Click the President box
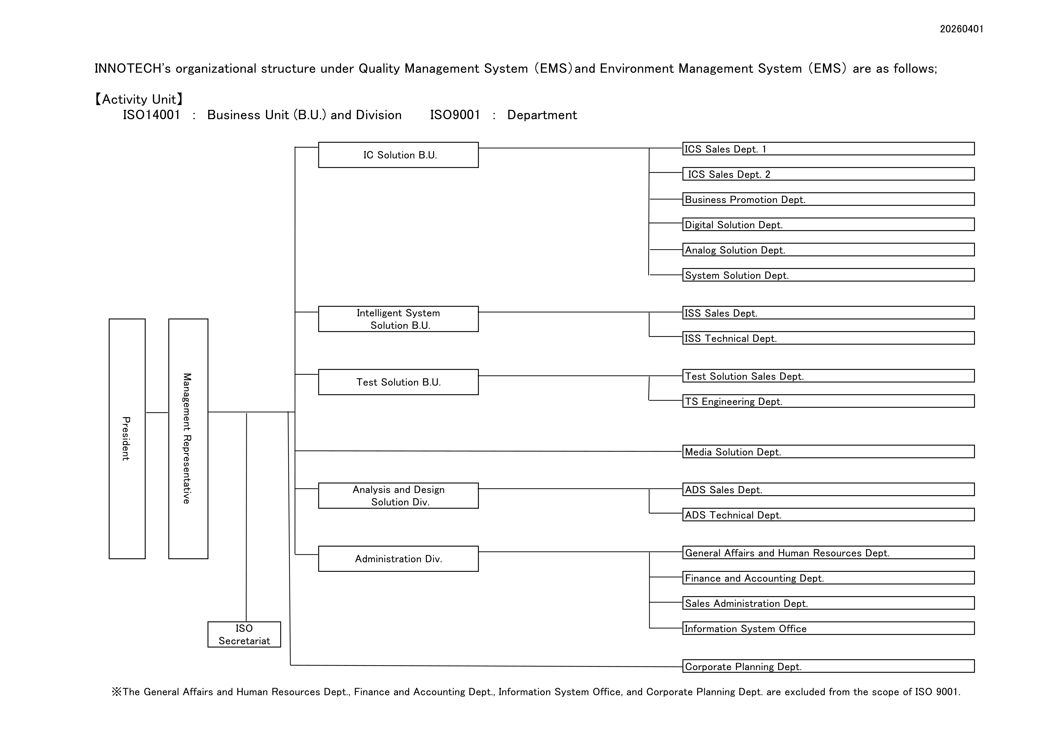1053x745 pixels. pyautogui.click(x=127, y=439)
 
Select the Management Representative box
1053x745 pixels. pyautogui.click(x=188, y=439)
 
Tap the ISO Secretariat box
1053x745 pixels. pyautogui.click(x=244, y=634)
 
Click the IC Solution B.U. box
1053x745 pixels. pyautogui.click(x=398, y=155)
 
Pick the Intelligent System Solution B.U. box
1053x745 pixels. pyautogui.click(x=398, y=319)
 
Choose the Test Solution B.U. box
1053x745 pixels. pyautogui.click(x=398, y=382)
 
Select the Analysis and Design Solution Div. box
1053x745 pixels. pyautogui.click(x=398, y=496)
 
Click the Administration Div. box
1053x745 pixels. pyautogui.click(x=398, y=559)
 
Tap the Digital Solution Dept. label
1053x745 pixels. pyautogui.click(x=734, y=225)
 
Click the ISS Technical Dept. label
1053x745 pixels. pyautogui.click(x=731, y=339)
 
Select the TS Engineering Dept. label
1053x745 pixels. pyautogui.click(x=733, y=401)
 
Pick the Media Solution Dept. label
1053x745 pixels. pyautogui.click(x=733, y=452)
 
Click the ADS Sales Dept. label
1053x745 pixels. pyautogui.click(x=723, y=490)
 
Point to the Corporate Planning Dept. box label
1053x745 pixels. pyautogui.click(x=743, y=667)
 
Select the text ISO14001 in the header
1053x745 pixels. pyautogui.click(x=151, y=115)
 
